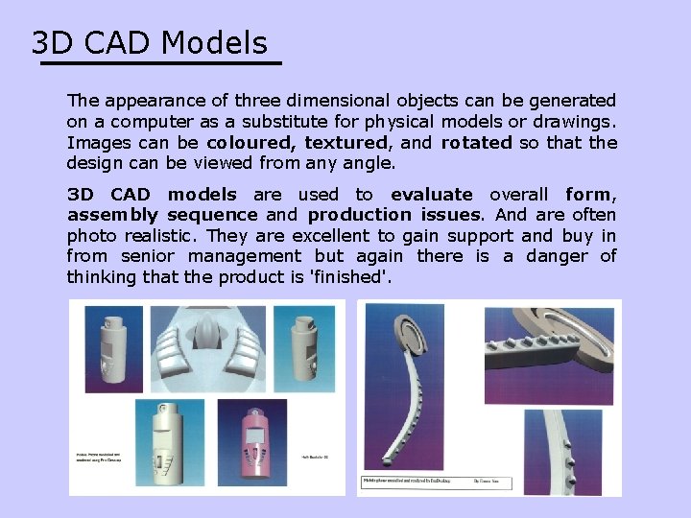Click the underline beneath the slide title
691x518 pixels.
(x=160, y=63)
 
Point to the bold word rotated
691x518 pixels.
(x=476, y=143)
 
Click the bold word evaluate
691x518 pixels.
(x=431, y=195)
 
